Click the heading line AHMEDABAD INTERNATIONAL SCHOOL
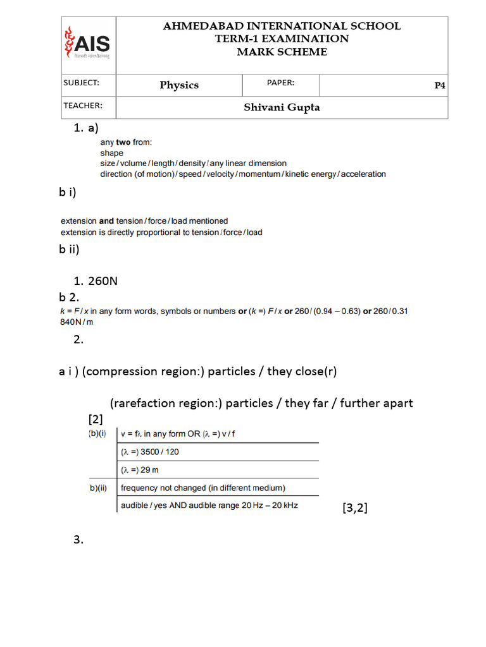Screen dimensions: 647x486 point(282,26)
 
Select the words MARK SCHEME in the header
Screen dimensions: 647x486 point(282,52)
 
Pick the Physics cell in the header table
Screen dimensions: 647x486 point(179,85)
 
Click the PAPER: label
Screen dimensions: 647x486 point(280,83)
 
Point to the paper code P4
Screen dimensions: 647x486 point(440,86)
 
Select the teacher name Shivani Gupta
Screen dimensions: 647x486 point(282,107)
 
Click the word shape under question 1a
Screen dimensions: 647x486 point(111,153)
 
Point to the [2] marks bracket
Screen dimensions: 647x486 point(96,420)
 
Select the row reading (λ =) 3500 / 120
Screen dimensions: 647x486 point(154,452)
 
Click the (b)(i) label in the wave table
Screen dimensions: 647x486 point(98,434)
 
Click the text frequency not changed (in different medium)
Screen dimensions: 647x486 point(202,488)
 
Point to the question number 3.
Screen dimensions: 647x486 point(78,540)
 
